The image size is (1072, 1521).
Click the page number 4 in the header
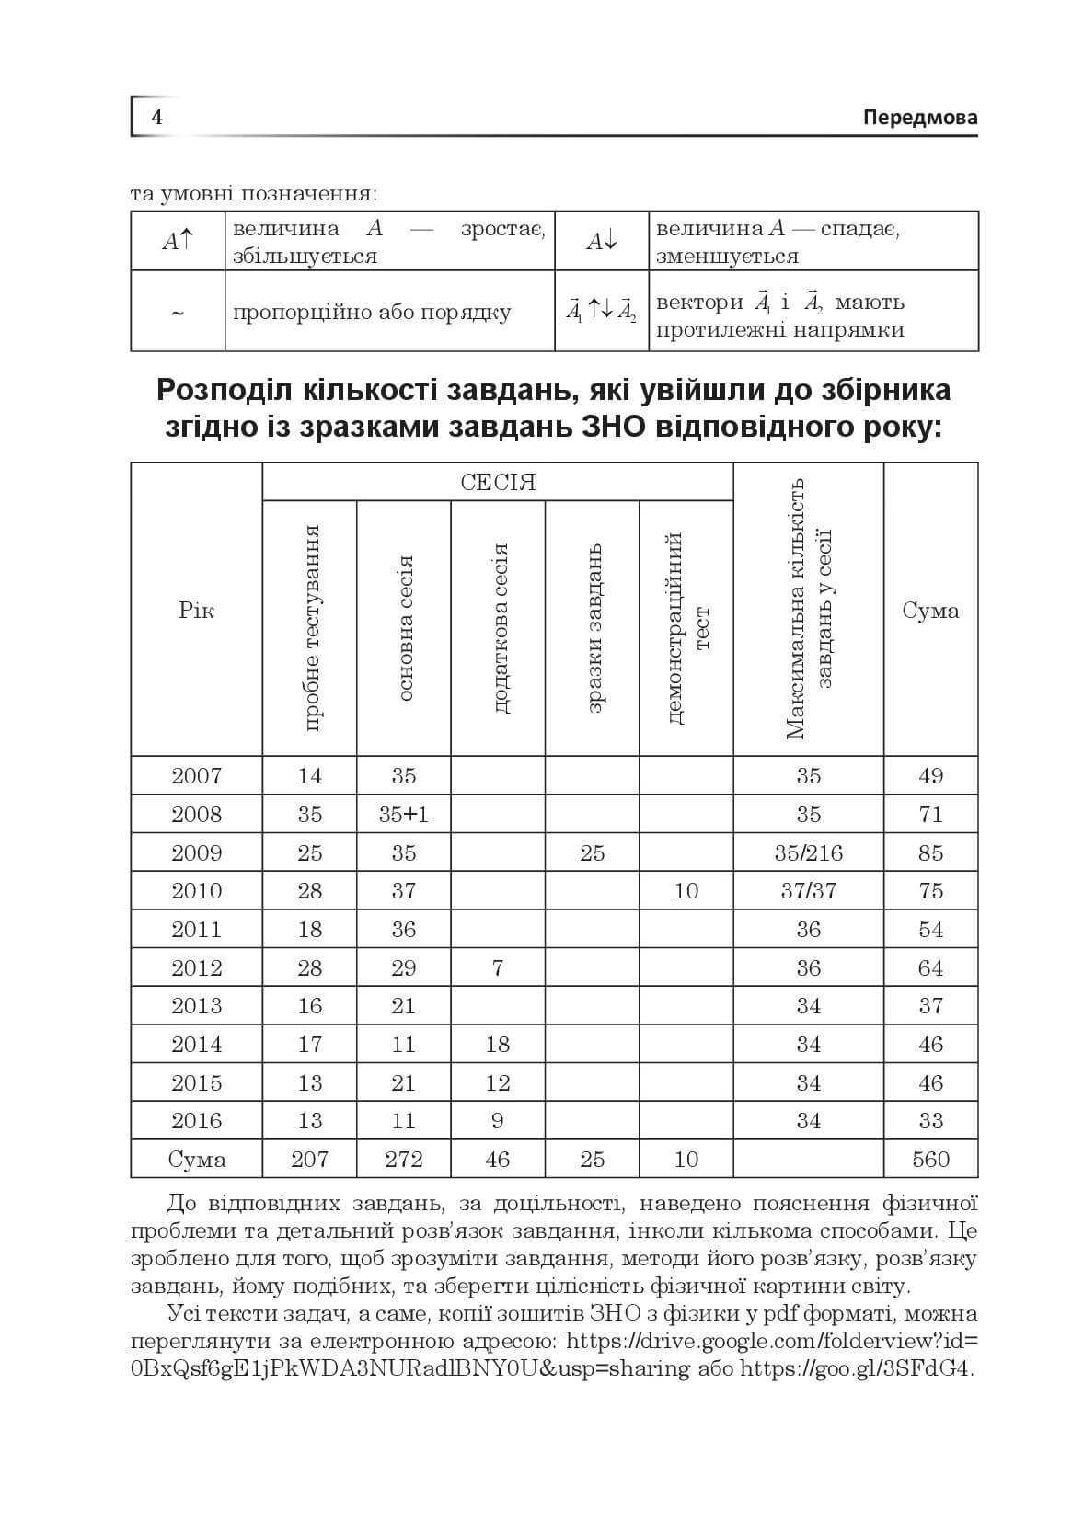(x=157, y=118)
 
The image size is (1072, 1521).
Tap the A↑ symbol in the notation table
(x=178, y=241)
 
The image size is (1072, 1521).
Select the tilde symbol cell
(x=178, y=313)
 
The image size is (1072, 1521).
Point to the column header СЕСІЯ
(x=498, y=482)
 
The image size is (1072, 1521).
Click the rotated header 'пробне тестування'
(x=311, y=628)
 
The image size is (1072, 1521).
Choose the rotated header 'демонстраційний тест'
(x=687, y=628)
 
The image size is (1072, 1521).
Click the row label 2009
(x=197, y=852)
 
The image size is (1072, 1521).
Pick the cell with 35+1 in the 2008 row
(x=404, y=815)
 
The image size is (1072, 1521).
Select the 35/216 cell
(x=808, y=852)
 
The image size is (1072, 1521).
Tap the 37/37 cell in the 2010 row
(x=808, y=891)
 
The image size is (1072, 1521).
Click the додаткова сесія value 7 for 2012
(x=498, y=967)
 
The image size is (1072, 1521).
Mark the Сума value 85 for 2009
(x=930, y=852)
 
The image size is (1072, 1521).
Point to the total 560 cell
(x=930, y=1160)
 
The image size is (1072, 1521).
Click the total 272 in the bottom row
(x=404, y=1160)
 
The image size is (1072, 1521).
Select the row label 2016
(x=197, y=1121)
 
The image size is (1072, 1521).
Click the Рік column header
(x=197, y=611)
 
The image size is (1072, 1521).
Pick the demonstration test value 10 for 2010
(x=686, y=891)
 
